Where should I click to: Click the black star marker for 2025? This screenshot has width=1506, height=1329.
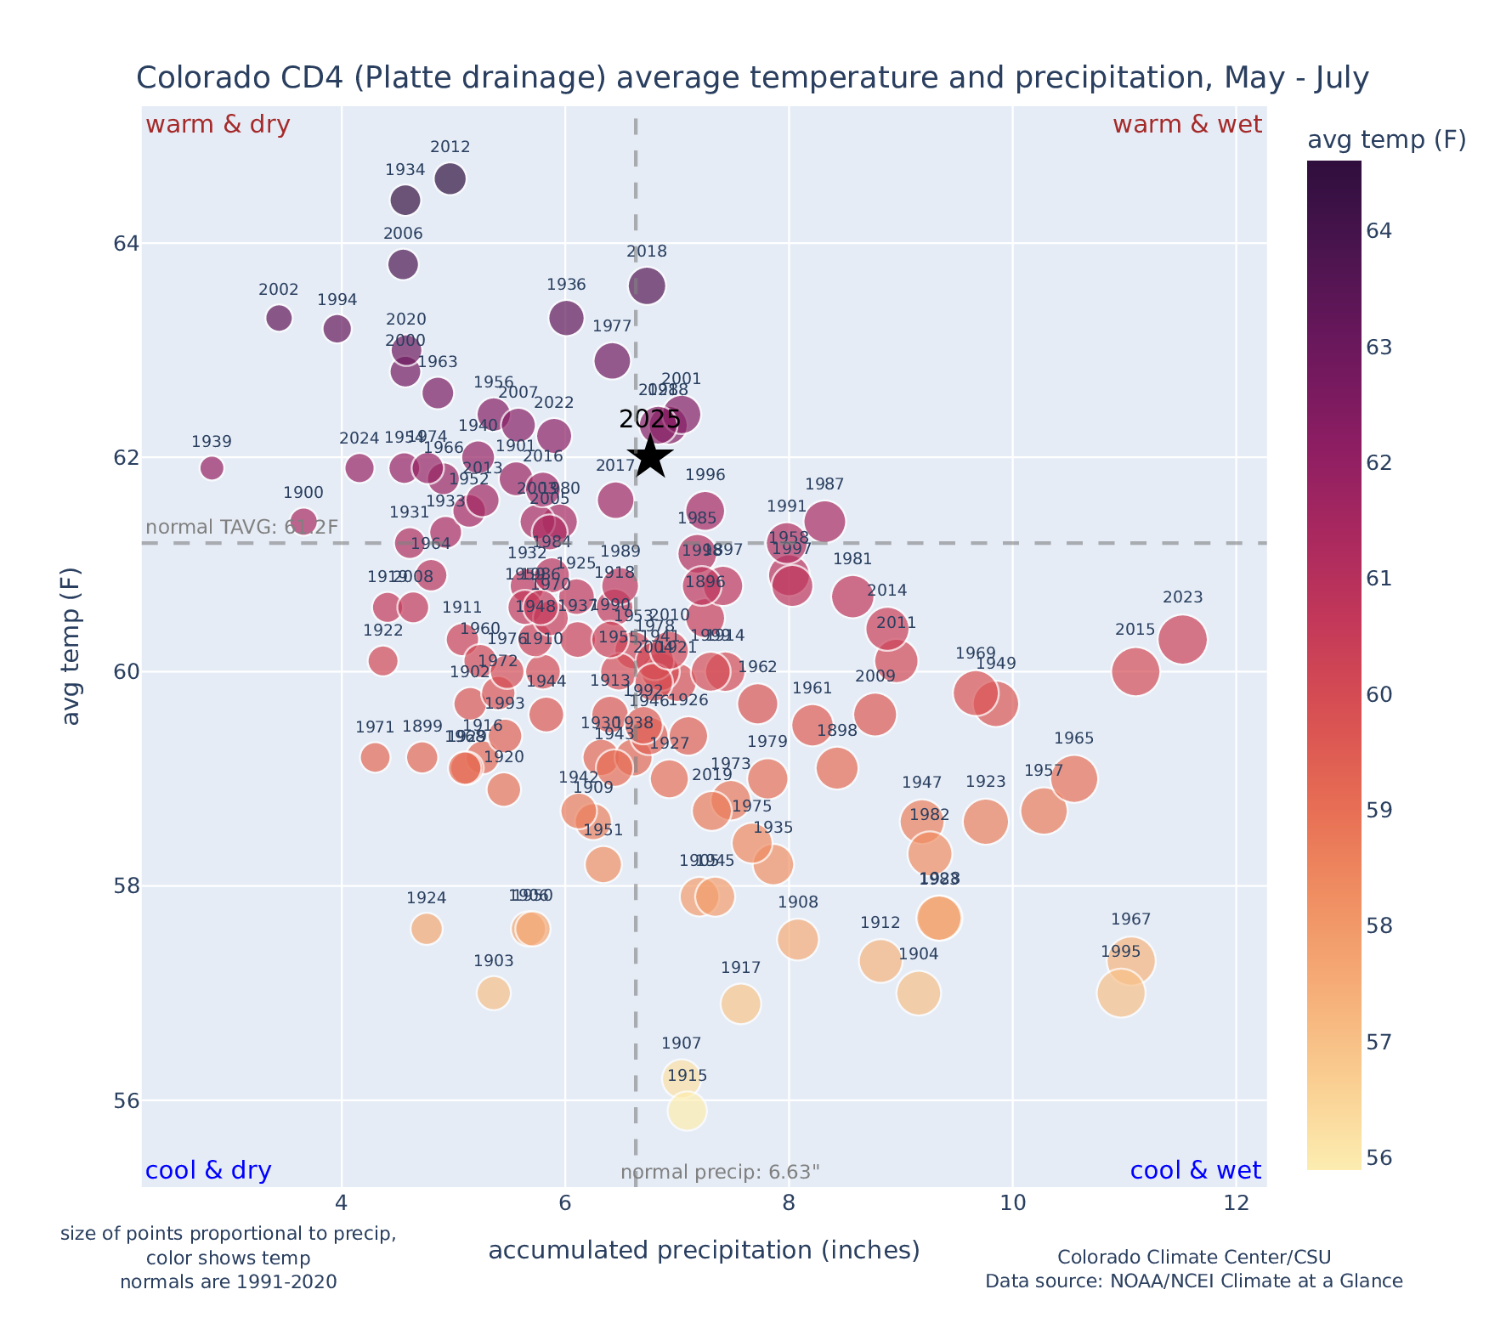pyautogui.click(x=650, y=456)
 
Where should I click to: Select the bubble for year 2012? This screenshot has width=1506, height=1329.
pyautogui.click(x=450, y=179)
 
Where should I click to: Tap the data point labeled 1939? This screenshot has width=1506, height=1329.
pyautogui.click(x=212, y=467)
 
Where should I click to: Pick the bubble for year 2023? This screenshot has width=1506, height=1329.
pyautogui.click(x=1182, y=639)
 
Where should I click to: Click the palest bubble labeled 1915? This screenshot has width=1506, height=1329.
pyautogui.click(x=687, y=1111)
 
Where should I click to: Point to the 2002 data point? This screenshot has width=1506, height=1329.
pyautogui.click(x=279, y=318)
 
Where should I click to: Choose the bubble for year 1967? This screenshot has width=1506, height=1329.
pyautogui.click(x=1130, y=961)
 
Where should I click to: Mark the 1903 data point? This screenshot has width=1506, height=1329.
pyautogui.click(x=493, y=993)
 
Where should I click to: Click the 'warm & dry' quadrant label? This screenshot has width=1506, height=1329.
pyautogui.click(x=218, y=125)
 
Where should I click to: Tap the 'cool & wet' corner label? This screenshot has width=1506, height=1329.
pyautogui.click(x=1195, y=1171)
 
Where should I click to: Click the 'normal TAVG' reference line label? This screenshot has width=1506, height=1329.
pyautogui.click(x=242, y=527)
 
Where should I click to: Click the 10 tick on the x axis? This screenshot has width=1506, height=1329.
pyautogui.click(x=1012, y=1203)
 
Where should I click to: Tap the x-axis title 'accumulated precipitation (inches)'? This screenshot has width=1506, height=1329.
pyautogui.click(x=704, y=1250)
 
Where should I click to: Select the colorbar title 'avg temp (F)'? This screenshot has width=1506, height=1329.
pyautogui.click(x=1386, y=140)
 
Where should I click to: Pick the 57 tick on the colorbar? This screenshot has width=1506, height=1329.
pyautogui.click(x=1379, y=1042)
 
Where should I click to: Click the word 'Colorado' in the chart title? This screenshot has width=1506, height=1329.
pyautogui.click(x=188, y=78)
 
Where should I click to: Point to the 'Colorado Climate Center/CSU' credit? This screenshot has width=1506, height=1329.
pyautogui.click(x=1193, y=1257)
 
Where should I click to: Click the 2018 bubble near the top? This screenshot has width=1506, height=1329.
pyautogui.click(x=647, y=286)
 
